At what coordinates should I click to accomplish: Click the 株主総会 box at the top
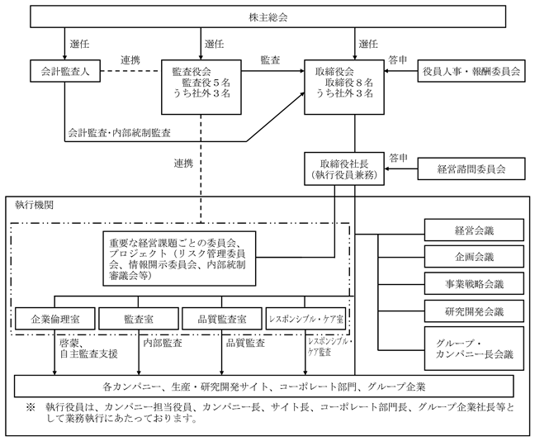click(x=267, y=16)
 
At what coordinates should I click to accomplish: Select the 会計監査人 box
click(x=65, y=71)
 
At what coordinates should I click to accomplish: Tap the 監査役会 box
click(x=201, y=87)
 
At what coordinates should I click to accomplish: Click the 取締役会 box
click(x=344, y=87)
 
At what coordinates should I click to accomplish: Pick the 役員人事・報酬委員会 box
click(x=471, y=71)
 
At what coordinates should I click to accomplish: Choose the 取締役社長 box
click(x=344, y=168)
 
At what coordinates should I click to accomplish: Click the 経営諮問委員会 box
click(x=471, y=168)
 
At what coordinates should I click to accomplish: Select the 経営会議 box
click(x=474, y=230)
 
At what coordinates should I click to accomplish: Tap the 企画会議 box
click(x=474, y=256)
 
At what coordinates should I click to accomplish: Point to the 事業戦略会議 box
click(x=474, y=283)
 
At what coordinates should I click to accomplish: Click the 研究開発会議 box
click(x=474, y=311)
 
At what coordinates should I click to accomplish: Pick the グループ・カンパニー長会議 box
click(x=474, y=349)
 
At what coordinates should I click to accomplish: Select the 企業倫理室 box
click(x=55, y=319)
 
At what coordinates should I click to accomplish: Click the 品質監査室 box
click(x=222, y=319)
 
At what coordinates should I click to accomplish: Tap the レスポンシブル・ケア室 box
click(x=305, y=319)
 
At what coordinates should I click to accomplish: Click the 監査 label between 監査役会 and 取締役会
click(x=270, y=60)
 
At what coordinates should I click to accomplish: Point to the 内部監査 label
click(x=163, y=343)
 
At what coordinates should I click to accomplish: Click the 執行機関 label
click(x=35, y=205)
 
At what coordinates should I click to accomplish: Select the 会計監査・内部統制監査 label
click(x=119, y=133)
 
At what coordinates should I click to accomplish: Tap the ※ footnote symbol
click(x=31, y=407)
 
